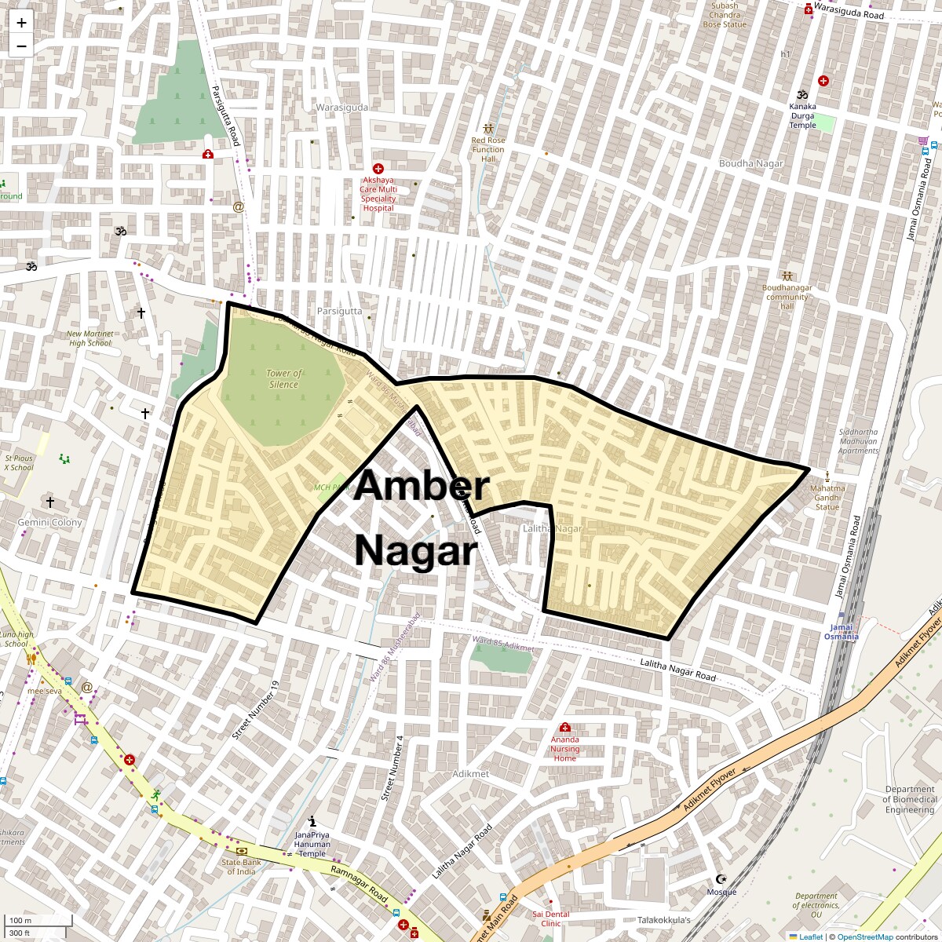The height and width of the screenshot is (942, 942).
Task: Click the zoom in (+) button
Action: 21,23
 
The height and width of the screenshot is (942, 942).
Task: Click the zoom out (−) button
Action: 21,46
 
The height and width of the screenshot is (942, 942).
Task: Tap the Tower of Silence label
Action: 283,379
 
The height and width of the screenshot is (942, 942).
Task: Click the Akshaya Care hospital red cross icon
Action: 378,169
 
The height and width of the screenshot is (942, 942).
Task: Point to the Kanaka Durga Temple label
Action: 802,115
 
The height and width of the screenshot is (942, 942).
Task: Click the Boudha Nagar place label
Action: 751,163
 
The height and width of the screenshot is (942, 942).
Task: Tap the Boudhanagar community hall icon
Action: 787,276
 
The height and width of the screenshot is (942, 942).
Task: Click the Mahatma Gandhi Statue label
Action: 827,497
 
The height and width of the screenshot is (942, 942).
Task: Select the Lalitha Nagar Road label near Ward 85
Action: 678,670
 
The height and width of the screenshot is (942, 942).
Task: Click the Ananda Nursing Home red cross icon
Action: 564,727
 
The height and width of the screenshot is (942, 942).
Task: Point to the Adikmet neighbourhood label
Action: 470,774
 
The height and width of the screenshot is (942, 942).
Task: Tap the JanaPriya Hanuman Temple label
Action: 312,844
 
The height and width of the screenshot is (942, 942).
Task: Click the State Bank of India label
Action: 241,867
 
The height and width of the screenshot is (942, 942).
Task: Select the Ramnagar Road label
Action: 359,883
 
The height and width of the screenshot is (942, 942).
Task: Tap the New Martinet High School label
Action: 90,338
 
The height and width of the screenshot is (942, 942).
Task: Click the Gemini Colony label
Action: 50,523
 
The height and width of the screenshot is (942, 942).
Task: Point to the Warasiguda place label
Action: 341,108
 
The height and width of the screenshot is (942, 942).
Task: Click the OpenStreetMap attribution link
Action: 864,937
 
